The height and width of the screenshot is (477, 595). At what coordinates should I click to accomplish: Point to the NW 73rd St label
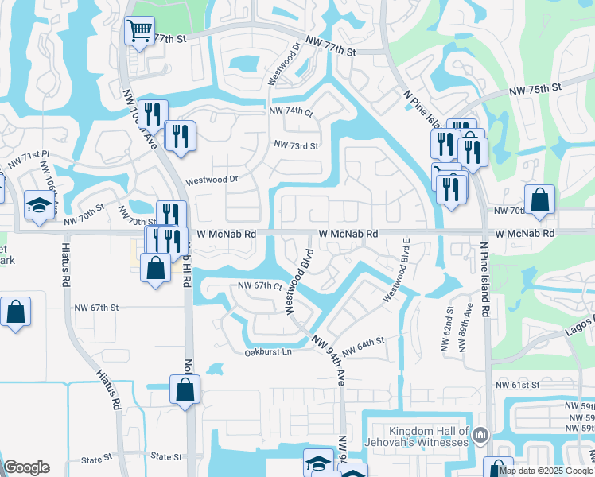coord(296,145)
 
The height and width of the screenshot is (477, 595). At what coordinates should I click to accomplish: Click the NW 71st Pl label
coord(29,157)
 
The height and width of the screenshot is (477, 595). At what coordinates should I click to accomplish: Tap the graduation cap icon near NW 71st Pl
coord(38,206)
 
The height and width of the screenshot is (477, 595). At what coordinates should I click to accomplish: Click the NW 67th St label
coord(95,307)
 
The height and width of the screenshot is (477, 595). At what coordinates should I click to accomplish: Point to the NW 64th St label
coord(363,347)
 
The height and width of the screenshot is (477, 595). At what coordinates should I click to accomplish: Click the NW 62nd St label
coord(448,329)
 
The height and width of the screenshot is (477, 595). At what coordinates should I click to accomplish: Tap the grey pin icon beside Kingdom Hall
coord(480,435)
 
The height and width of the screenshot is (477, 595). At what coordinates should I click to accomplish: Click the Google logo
coord(26,467)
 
